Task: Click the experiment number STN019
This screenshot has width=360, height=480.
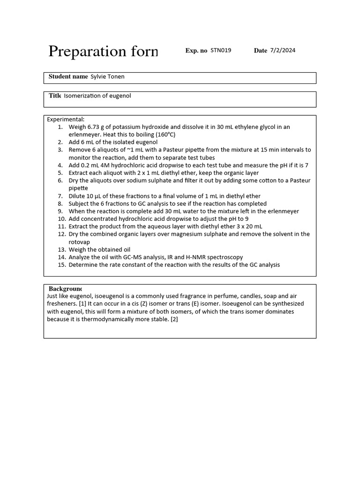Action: pos(221,51)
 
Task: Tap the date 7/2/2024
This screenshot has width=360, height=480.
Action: pos(283,51)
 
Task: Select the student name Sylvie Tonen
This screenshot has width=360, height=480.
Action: pos(107,76)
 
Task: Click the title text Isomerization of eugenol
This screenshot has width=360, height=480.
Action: pos(97,96)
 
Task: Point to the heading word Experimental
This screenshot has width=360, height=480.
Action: pos(65,120)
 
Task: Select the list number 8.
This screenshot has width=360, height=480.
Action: pos(60,203)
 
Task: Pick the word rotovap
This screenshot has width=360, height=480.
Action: pos(80,242)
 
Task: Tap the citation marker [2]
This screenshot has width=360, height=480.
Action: pos(174,319)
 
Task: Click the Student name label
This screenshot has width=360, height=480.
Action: pos(68,76)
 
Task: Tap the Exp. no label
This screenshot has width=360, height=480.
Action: pos(196,51)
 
